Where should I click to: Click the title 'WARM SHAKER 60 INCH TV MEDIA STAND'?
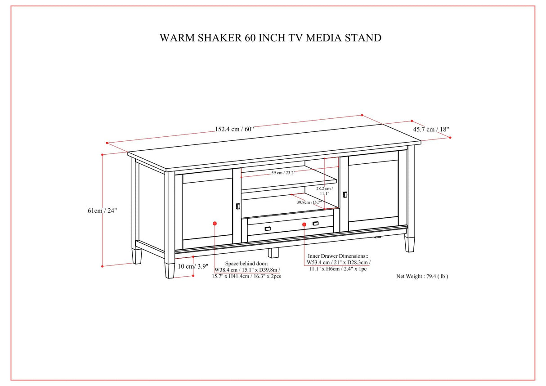[x=270, y=38]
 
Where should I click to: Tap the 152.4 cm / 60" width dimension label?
[x=234, y=129]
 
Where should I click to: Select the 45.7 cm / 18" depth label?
[x=431, y=130]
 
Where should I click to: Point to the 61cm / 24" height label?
[x=102, y=211]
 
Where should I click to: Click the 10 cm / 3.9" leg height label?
[x=193, y=266]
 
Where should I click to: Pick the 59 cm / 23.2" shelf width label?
[x=283, y=173]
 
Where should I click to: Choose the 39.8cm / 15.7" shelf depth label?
[x=308, y=202]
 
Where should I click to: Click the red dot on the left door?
[x=215, y=223]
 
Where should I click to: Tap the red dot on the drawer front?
[x=304, y=224]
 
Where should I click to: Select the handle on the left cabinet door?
[x=238, y=206]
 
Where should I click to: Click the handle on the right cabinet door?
[x=345, y=194]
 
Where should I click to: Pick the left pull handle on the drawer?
[x=268, y=229]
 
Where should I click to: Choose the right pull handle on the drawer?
[x=315, y=224]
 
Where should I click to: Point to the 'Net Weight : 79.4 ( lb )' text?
[x=422, y=276]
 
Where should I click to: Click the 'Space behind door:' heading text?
[x=246, y=264]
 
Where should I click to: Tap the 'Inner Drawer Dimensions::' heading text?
[x=337, y=256]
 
